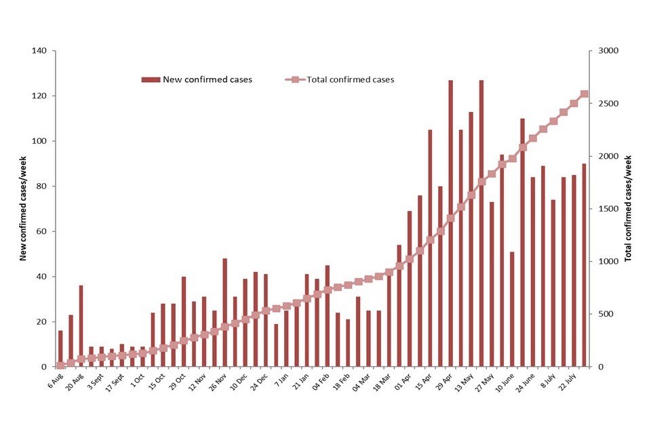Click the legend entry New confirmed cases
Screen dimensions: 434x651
[x=197, y=79]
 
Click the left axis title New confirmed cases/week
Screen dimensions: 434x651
[x=23, y=208]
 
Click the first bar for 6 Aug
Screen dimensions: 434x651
[x=60, y=349]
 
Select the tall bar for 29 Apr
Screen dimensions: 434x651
[x=450, y=224]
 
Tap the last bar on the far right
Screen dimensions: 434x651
[x=585, y=265]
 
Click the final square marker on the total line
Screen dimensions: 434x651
[x=585, y=94]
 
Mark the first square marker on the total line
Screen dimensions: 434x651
[x=60, y=365]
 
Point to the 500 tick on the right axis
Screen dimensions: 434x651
[x=599, y=314]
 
